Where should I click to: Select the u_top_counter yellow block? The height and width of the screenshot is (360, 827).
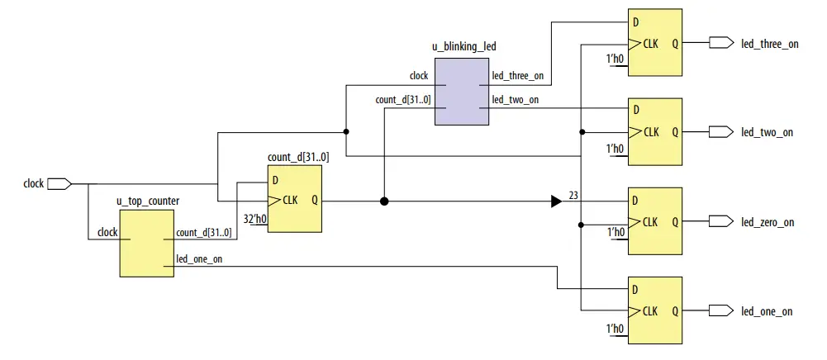click(x=147, y=242)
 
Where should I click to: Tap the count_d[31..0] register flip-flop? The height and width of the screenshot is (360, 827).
click(x=294, y=199)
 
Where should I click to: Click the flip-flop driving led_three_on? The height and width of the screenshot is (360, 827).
click(x=655, y=42)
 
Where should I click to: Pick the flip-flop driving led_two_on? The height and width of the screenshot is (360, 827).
click(x=655, y=131)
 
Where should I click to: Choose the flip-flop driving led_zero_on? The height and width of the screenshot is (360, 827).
click(x=655, y=220)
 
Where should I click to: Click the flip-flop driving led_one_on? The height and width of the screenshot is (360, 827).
click(x=655, y=310)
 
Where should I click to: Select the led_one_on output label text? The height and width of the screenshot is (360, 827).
click(x=767, y=311)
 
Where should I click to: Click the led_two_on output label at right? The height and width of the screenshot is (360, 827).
click(x=767, y=132)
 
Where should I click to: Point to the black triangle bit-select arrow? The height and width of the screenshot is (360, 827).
click(x=557, y=201)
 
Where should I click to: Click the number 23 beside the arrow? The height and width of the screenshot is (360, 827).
click(x=574, y=196)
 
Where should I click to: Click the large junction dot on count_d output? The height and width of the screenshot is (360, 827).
click(x=384, y=201)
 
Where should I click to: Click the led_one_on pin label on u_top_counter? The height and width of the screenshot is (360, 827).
click(x=199, y=259)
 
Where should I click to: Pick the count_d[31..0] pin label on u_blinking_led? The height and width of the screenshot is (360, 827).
click(x=403, y=100)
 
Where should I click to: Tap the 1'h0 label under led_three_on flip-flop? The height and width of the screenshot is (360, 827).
click(x=615, y=59)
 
